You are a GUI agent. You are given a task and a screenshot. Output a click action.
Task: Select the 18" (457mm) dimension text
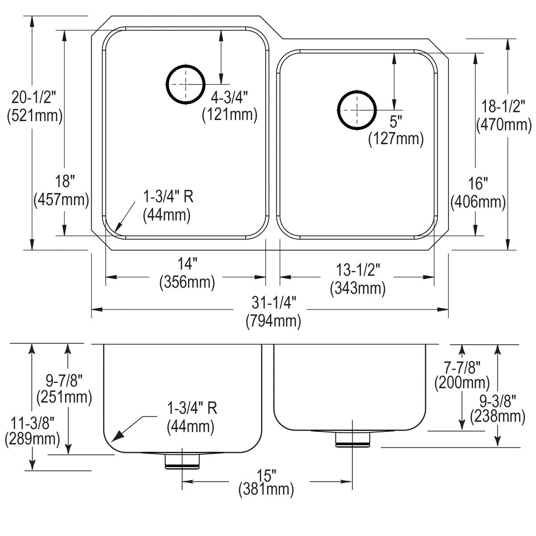pyautogui.click(x=61, y=190)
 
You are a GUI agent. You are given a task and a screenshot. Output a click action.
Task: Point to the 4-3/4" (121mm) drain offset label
pyautogui.click(x=230, y=106)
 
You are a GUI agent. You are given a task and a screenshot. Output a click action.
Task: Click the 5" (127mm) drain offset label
pyautogui.click(x=396, y=130)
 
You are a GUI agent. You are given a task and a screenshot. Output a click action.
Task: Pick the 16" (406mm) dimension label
pyautogui.click(x=478, y=193)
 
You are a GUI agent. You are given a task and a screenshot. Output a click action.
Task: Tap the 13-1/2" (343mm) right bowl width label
pyautogui.click(x=358, y=279)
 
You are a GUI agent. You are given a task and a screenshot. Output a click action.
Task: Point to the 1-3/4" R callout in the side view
pyautogui.click(x=192, y=417)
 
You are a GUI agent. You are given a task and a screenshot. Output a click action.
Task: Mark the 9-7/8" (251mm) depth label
pyautogui.click(x=64, y=389)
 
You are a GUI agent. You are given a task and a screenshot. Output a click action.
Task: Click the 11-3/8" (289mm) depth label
pyautogui.click(x=32, y=430)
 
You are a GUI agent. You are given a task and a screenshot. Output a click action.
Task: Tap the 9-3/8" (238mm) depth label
pyautogui.click(x=498, y=407)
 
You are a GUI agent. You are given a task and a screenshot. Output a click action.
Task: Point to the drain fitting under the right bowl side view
pyautogui.click(x=353, y=439)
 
